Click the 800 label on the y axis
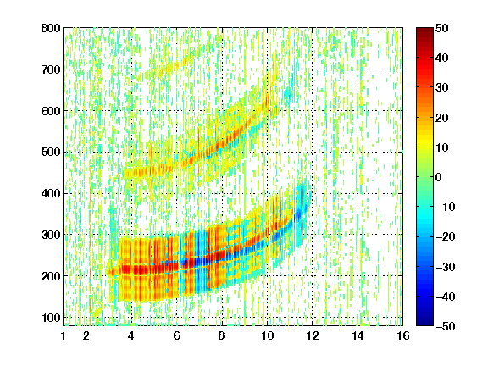(x=51, y=28)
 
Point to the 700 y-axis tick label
(x=51, y=69)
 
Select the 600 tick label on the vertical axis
(x=51, y=111)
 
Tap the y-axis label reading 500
(x=51, y=152)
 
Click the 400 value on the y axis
(x=51, y=193)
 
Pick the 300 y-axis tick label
(x=51, y=235)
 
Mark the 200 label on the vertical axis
(x=51, y=276)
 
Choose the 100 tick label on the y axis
(x=51, y=318)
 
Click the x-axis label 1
(x=64, y=335)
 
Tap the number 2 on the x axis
(x=86, y=335)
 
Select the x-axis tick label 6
(x=176, y=335)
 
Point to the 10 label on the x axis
(x=267, y=335)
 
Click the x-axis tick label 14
(x=358, y=335)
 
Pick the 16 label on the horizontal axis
(x=403, y=335)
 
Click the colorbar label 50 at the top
(x=442, y=28)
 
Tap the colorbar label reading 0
(x=439, y=177)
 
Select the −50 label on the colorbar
(x=446, y=326)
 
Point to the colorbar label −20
(x=446, y=237)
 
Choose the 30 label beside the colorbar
(x=442, y=88)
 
